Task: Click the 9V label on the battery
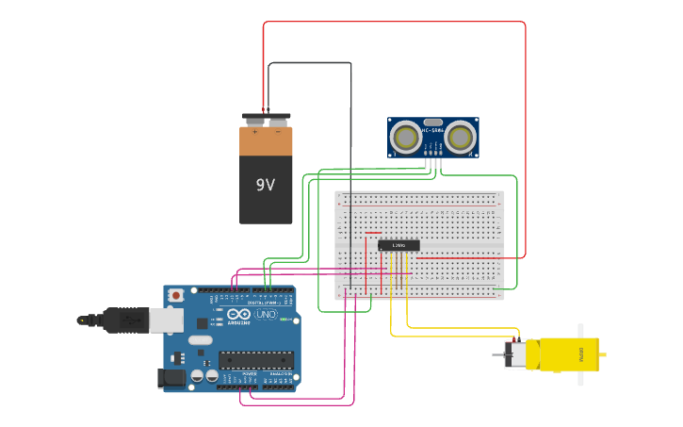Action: click(x=265, y=185)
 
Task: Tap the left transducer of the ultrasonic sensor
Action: click(x=406, y=138)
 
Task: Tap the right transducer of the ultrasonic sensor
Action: click(x=460, y=138)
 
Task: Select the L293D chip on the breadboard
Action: click(x=398, y=245)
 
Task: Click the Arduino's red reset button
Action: click(x=175, y=295)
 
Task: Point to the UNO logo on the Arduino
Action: click(x=266, y=314)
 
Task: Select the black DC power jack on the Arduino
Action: click(x=170, y=378)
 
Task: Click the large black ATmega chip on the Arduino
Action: click(x=255, y=359)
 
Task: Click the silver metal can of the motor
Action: click(x=515, y=354)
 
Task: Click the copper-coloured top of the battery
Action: click(x=266, y=141)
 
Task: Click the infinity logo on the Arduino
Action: click(x=239, y=314)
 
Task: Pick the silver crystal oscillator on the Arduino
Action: click(x=201, y=339)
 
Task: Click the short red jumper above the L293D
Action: click(x=373, y=232)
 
